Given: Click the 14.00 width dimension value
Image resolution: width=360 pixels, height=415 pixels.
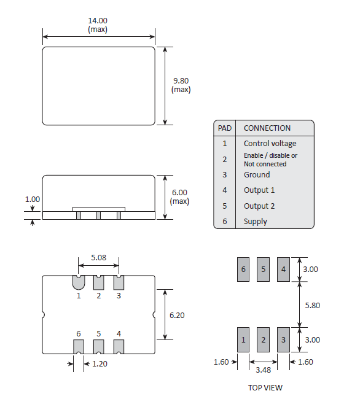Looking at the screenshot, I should click(98, 21).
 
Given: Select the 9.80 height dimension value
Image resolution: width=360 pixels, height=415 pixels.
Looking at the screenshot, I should click(181, 80).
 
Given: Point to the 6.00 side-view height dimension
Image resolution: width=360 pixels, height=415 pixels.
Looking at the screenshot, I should click(180, 192).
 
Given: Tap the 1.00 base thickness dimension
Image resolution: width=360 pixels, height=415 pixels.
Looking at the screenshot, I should click(32, 200).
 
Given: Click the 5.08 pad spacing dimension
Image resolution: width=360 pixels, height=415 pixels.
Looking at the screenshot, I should click(98, 258).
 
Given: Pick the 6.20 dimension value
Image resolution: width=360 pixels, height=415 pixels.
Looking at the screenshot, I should click(177, 315).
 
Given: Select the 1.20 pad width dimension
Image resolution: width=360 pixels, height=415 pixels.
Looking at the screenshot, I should click(98, 365).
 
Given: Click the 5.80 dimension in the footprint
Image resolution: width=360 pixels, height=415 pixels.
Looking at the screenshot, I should click(313, 304).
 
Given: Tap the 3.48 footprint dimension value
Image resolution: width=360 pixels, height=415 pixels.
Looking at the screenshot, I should click(263, 370).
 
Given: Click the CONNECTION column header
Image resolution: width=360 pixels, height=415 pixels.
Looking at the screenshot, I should click(267, 128).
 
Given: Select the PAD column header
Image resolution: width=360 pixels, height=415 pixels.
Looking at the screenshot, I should click(225, 128).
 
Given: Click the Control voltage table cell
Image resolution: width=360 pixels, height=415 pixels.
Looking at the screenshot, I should click(270, 144).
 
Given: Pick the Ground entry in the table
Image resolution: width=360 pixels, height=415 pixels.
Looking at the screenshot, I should click(257, 175).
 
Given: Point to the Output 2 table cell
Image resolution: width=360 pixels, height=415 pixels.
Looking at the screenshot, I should click(259, 206).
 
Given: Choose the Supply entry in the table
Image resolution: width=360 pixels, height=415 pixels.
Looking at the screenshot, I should click(256, 222).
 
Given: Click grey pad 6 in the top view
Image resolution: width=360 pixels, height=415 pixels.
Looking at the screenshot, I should click(243, 269).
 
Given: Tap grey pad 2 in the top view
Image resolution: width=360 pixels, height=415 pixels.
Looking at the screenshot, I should click(264, 339).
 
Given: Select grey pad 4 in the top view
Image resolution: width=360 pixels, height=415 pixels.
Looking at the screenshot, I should click(283, 269).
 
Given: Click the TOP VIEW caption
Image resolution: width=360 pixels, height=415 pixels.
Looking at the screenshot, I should click(265, 387).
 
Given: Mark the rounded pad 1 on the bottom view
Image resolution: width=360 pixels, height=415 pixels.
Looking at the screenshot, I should click(79, 282).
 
